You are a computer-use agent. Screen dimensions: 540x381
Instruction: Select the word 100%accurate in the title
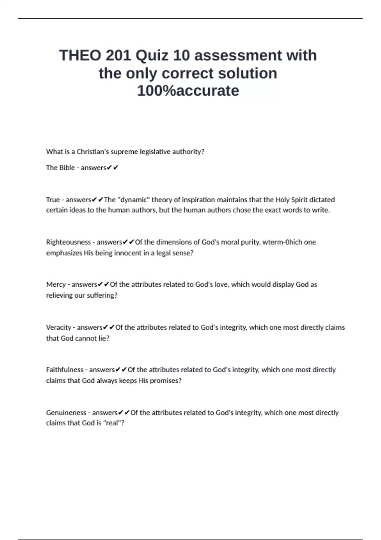pos(188,91)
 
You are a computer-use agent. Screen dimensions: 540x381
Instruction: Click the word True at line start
pos(53,200)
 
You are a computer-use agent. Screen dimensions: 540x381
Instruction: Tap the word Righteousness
pos(68,242)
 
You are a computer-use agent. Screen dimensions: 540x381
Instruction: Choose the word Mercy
pos(56,285)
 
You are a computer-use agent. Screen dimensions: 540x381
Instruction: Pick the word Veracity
pos(58,327)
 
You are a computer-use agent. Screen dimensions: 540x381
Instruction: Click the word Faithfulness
pos(64,370)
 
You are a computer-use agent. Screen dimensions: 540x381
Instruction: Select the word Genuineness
pos(66,413)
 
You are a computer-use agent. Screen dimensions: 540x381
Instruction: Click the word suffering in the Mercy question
pos(100,295)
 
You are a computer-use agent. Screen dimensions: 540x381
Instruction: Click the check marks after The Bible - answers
pos(113,168)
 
